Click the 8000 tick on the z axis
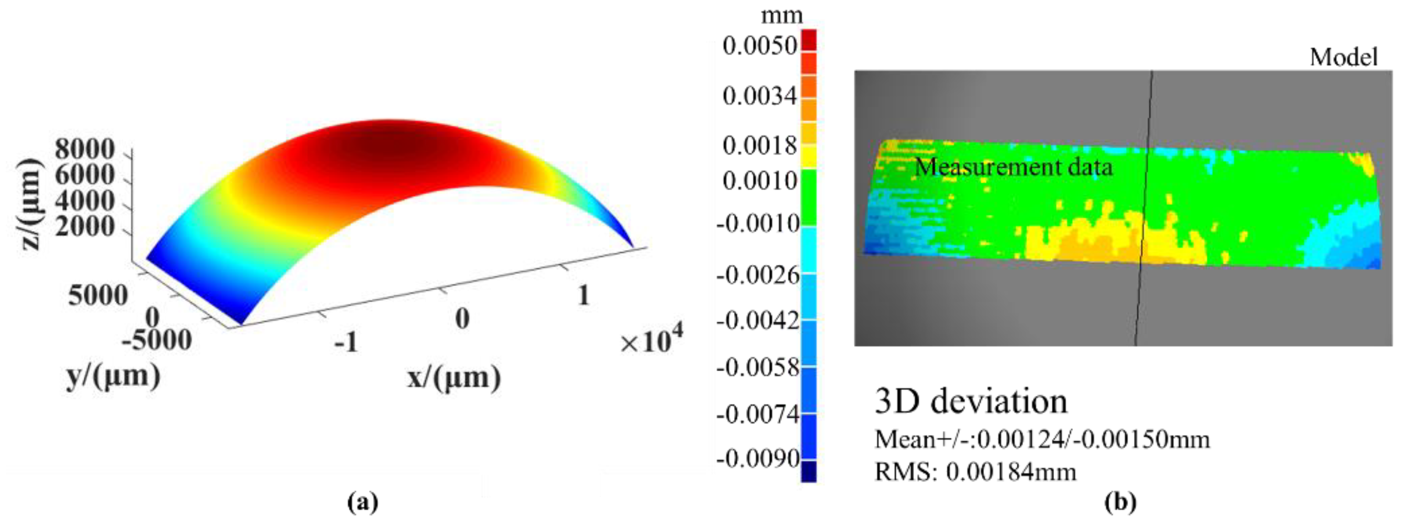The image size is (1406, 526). pos(85,148)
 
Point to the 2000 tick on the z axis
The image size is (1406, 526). pos(85,226)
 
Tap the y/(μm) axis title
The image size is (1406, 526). pos(113,376)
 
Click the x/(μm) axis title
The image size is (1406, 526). pos(454,378)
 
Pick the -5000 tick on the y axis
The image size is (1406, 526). pos(157,341)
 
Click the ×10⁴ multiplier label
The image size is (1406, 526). pos(650,341)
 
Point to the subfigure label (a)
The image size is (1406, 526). pos(363,501)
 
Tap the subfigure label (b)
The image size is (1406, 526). pos(1120,501)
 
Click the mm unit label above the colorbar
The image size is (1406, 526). pos(781,15)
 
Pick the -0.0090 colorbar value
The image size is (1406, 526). pos(758,459)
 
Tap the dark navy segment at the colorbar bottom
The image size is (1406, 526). pos(808,471)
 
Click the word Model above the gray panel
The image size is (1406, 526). pos(1344,57)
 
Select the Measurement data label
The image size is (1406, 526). pos(1013,167)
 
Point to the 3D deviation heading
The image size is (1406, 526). pos(971,401)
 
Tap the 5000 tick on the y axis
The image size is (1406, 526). pos(98,295)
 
